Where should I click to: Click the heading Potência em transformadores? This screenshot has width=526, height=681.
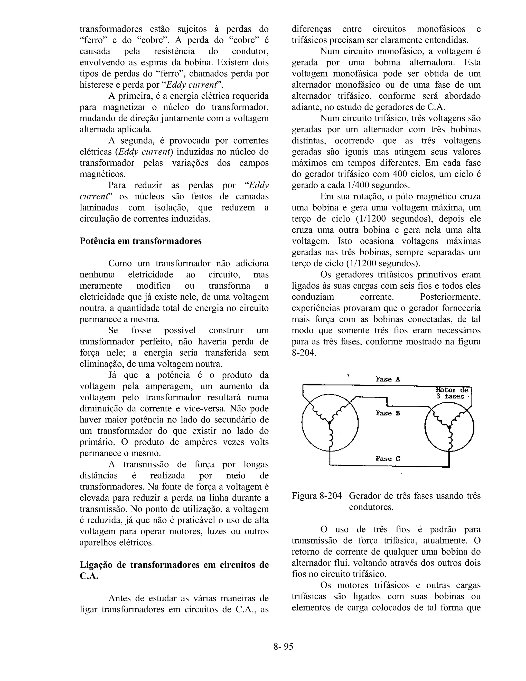[x=140, y=241]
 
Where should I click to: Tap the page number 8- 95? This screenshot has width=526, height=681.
[x=283, y=646]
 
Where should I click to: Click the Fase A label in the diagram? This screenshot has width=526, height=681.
[x=388, y=379]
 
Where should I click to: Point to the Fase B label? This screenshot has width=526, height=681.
[x=388, y=413]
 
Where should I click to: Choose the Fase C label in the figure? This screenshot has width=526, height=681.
[x=388, y=459]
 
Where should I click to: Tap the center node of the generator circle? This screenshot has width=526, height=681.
[x=329, y=423]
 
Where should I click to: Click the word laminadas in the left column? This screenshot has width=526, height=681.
[x=99, y=208]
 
